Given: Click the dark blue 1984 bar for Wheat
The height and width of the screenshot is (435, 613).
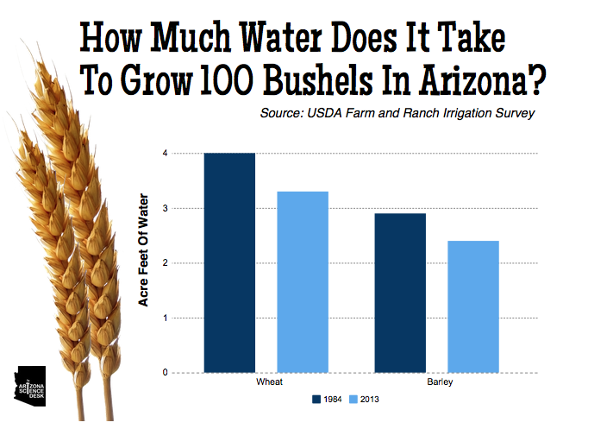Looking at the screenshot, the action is click(229, 262).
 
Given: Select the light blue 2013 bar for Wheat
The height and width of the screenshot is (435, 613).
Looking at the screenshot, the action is click(303, 282).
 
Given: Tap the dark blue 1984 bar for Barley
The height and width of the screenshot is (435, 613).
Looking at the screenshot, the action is click(400, 293).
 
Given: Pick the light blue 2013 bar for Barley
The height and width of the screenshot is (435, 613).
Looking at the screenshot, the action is click(473, 306).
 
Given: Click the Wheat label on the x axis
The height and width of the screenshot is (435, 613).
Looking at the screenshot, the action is click(269, 381).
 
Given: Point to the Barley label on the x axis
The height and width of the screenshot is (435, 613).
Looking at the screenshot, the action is click(440, 381).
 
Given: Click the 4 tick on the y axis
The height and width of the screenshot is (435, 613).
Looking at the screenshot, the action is click(165, 153).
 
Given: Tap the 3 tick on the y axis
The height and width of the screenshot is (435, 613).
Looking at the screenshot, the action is click(165, 208).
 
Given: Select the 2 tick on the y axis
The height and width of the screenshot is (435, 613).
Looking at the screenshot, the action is click(165, 262).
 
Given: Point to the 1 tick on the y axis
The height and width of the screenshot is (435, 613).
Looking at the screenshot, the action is click(165, 318).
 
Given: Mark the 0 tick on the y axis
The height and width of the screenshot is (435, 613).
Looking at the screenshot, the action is click(165, 372).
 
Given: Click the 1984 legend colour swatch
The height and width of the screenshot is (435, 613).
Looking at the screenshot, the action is click(316, 400).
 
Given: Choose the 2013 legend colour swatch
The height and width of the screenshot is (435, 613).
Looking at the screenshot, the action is click(353, 400).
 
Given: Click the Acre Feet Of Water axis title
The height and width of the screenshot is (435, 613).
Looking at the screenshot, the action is click(143, 249).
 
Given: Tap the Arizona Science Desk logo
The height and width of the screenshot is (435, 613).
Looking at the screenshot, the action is click(30, 386).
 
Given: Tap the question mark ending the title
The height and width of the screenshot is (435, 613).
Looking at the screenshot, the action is click(537, 79).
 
